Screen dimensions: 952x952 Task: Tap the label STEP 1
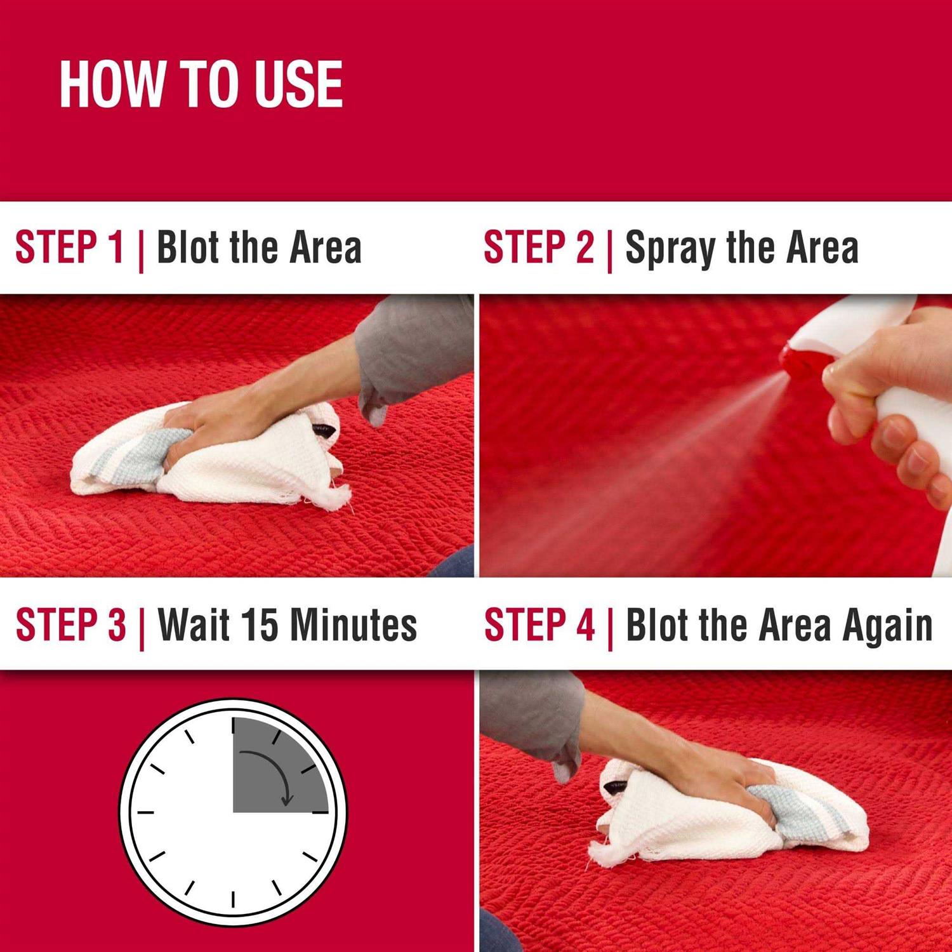pyautogui.click(x=69, y=247)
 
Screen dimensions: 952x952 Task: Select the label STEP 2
pyautogui.click(x=539, y=247)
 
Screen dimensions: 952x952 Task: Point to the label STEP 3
pyautogui.click(x=71, y=625)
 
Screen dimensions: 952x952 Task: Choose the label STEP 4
pyautogui.click(x=539, y=625)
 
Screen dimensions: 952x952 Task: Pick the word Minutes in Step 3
pyautogui.click(x=354, y=625)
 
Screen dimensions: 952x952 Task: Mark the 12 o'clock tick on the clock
pyautogui.click(x=234, y=726)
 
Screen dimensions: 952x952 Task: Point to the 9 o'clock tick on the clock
pyautogui.click(x=146, y=812)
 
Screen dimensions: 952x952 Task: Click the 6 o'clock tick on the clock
pyautogui.click(x=234, y=899)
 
